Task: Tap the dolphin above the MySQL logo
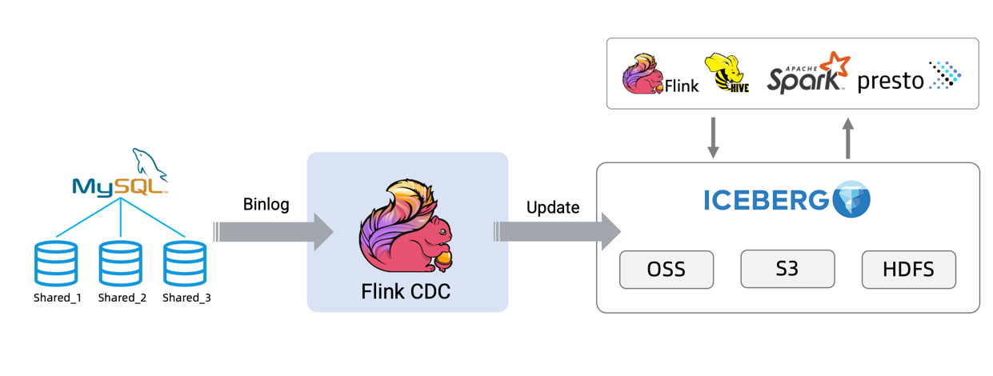pyautogui.click(x=150, y=163)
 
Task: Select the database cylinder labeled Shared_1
pyautogui.click(x=56, y=264)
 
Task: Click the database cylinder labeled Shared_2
pyautogui.click(x=121, y=264)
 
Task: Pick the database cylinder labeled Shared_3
pyautogui.click(x=185, y=264)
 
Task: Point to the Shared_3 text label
pyautogui.click(x=186, y=298)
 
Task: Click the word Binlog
pyautogui.click(x=266, y=205)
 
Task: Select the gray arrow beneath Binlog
pyautogui.click(x=273, y=232)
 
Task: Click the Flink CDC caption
pyautogui.click(x=406, y=292)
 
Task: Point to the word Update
pyautogui.click(x=552, y=207)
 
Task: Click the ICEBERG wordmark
pyautogui.click(x=766, y=200)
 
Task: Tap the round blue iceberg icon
pyautogui.click(x=851, y=199)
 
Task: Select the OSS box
pyautogui.click(x=666, y=270)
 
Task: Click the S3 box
pyautogui.click(x=787, y=269)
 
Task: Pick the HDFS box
pyautogui.click(x=908, y=270)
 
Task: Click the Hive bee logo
pyautogui.click(x=726, y=74)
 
